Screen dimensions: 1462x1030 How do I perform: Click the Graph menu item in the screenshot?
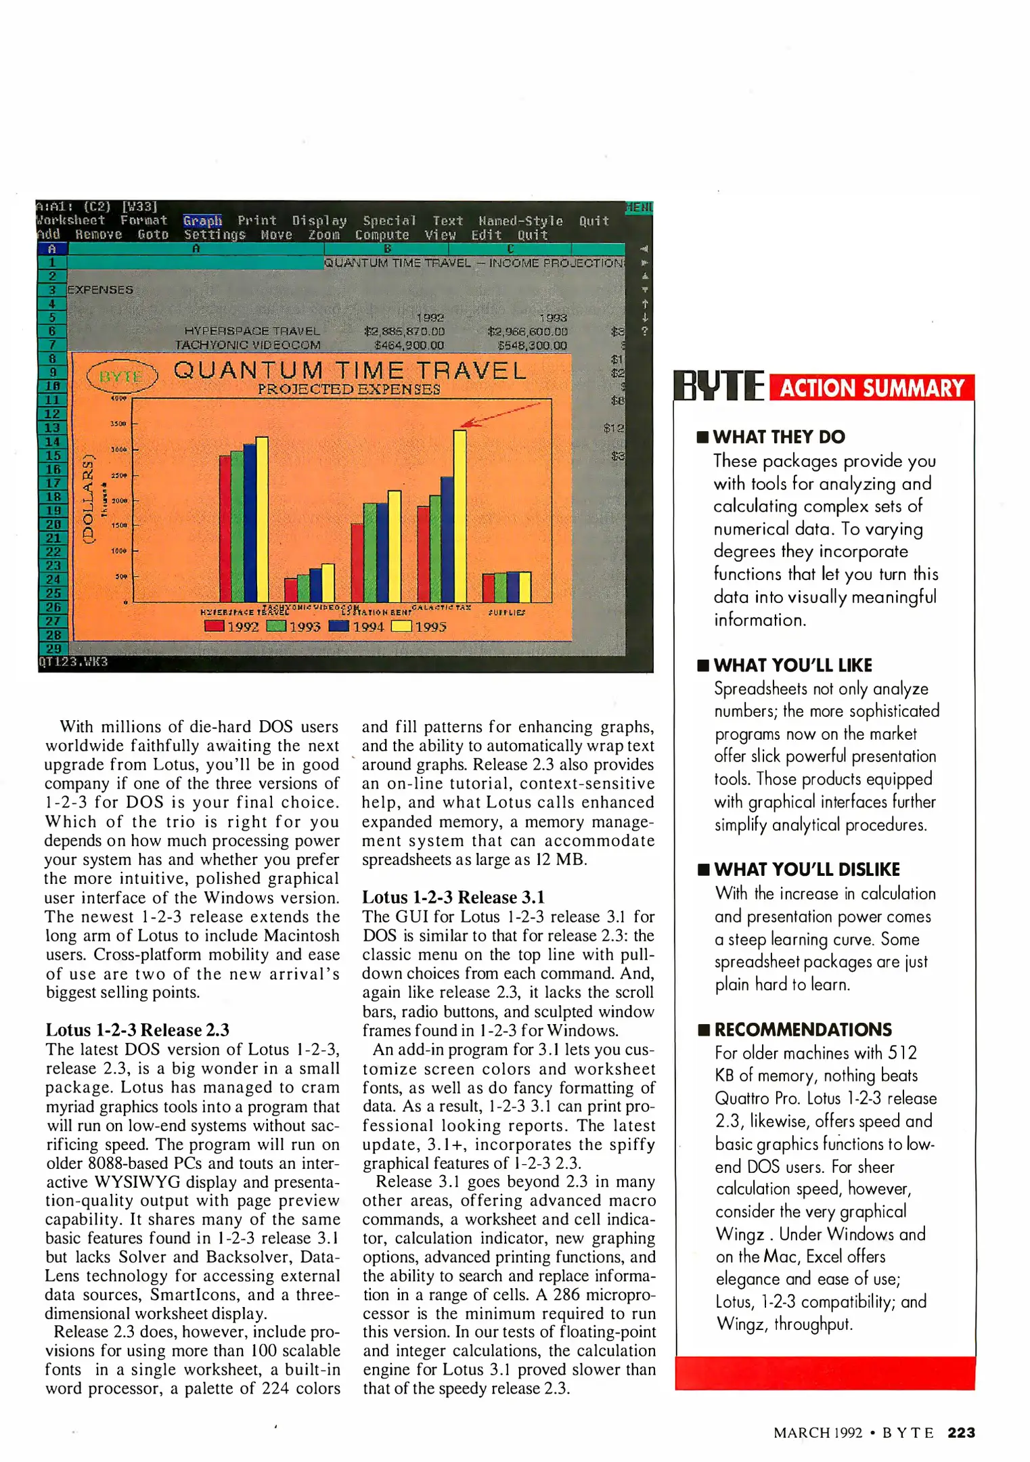(x=202, y=221)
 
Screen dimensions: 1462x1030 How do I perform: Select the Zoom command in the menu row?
(x=323, y=235)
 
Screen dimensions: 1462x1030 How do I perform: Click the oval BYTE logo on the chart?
(x=122, y=376)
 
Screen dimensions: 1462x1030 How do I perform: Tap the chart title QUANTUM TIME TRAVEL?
(x=349, y=370)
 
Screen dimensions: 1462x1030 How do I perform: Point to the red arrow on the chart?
(x=502, y=414)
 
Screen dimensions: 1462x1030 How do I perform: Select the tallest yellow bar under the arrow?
(x=460, y=514)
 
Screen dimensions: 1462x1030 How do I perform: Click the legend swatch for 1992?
(x=214, y=626)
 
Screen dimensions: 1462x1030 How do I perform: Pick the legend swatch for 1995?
(x=401, y=626)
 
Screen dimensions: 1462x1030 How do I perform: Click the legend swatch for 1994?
(x=338, y=626)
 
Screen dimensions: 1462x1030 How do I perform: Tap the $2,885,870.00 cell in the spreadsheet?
(x=404, y=332)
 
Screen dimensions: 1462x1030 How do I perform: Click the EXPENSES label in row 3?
(x=100, y=290)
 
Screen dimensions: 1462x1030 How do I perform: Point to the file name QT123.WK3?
(x=73, y=661)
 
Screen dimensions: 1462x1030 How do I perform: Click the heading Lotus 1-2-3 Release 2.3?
(x=137, y=1029)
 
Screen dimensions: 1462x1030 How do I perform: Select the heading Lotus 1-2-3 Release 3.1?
(x=453, y=897)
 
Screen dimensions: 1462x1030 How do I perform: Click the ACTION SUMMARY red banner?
(x=872, y=388)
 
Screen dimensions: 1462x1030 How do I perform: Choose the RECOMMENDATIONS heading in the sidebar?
(x=803, y=1029)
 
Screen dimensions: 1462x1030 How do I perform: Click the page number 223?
(x=961, y=1432)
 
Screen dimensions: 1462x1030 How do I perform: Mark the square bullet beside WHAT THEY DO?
(x=702, y=437)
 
